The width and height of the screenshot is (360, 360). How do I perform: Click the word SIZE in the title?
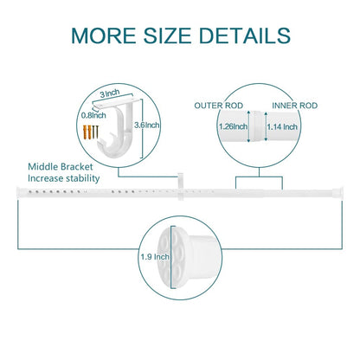pos(167,35)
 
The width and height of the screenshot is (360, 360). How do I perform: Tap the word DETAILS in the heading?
pos(245,35)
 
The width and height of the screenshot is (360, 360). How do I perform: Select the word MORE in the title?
pos(104,35)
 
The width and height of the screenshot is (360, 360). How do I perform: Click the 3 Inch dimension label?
pos(110,93)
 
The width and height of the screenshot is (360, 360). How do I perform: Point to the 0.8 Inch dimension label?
pos(93,115)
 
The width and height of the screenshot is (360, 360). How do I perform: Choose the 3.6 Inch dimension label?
pos(147,125)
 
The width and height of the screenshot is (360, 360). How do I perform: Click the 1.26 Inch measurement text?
pos(233,126)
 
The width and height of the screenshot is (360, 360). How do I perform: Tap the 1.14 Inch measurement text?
pos(282,126)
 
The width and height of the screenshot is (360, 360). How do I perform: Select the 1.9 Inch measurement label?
pos(155,257)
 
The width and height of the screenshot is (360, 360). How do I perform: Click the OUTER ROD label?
pos(219,106)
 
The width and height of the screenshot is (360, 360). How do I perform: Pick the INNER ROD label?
pos(295,106)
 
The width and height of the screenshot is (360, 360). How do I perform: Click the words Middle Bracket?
pos(61,167)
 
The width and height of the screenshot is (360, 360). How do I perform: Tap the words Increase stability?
pos(64,178)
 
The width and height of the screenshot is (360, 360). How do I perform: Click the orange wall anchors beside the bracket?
pos(87,132)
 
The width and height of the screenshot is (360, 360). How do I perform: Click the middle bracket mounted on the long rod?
pos(181,187)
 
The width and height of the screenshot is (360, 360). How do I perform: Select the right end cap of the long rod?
pos(338,193)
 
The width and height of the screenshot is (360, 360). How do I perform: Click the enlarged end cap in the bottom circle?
pos(188,258)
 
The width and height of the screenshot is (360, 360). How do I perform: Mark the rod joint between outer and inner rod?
pos(257,126)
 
